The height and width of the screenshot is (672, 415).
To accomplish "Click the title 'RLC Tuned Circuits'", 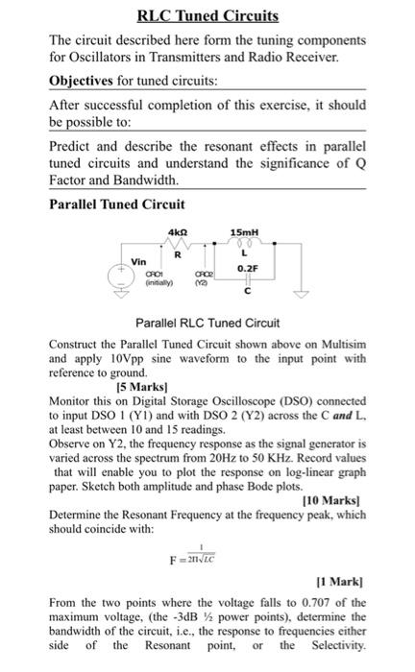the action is (x=207, y=16).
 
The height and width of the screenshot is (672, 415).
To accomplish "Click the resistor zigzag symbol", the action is (x=177, y=245).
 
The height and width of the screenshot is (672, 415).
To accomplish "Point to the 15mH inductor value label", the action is (x=242, y=231).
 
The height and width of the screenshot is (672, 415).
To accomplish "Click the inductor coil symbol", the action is (x=243, y=244).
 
